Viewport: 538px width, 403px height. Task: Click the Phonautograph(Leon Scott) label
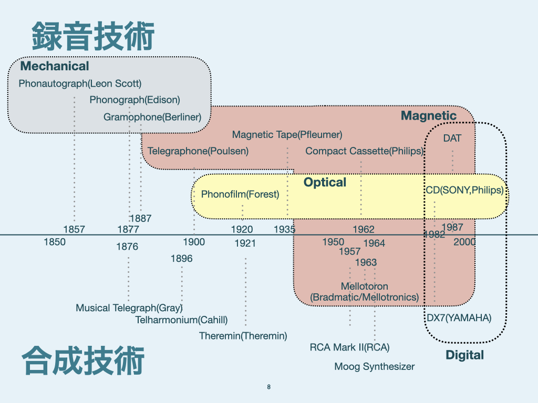[80, 83]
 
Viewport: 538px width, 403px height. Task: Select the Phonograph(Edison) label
[134, 100]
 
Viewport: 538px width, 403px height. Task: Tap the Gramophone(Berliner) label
[152, 117]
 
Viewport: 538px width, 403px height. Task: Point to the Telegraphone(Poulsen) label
[198, 151]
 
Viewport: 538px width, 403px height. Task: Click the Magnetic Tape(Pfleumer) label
[287, 135]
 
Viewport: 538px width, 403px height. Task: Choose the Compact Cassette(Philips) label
[364, 151]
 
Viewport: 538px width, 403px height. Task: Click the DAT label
[452, 139]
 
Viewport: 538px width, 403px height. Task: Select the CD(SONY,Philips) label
[464, 190]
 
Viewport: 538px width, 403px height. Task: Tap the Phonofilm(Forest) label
[240, 195]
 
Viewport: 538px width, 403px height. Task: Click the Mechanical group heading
[55, 66]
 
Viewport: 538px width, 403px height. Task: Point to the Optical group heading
[325, 183]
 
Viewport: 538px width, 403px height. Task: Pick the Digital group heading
[464, 355]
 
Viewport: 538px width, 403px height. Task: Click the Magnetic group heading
[429, 116]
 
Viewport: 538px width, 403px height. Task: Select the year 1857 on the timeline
[74, 229]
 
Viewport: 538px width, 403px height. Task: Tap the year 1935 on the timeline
[285, 229]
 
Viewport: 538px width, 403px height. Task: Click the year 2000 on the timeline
[464, 242]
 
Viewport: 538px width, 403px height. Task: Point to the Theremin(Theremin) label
[243, 336]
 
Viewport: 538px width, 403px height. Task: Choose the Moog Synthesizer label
[374, 367]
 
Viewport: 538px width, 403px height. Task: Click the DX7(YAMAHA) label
[459, 318]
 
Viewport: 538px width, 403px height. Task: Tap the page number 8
[269, 387]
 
